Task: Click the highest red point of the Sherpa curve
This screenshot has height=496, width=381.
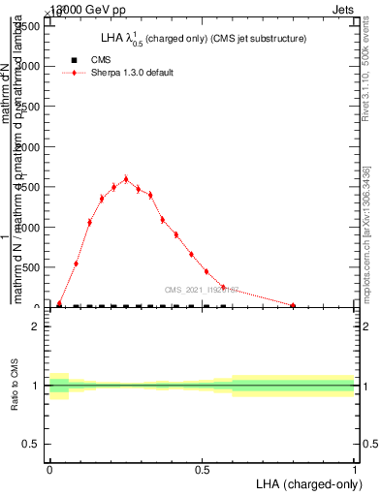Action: click(x=126, y=179)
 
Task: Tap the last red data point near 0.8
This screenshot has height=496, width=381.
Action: click(x=293, y=305)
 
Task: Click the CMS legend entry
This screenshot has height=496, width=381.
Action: click(x=101, y=60)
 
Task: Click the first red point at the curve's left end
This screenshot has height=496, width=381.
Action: click(x=59, y=303)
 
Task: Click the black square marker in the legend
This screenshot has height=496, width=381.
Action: click(x=75, y=60)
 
